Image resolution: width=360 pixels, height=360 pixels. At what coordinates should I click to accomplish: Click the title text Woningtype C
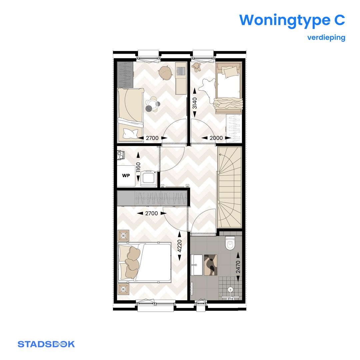[292, 20]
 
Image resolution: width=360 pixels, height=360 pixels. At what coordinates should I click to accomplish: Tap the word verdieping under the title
[326, 37]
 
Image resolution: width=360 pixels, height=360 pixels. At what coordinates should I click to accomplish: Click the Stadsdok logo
[46, 344]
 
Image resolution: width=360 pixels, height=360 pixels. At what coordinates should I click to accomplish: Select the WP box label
[126, 175]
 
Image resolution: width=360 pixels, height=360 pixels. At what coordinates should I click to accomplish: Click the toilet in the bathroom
[230, 243]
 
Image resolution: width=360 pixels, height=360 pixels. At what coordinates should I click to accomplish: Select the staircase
[229, 187]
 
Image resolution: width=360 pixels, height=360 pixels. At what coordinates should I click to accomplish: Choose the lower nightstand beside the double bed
[124, 288]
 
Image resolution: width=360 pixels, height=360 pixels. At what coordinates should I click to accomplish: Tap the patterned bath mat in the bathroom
[210, 265]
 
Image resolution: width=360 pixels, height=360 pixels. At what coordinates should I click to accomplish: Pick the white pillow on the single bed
[130, 133]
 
